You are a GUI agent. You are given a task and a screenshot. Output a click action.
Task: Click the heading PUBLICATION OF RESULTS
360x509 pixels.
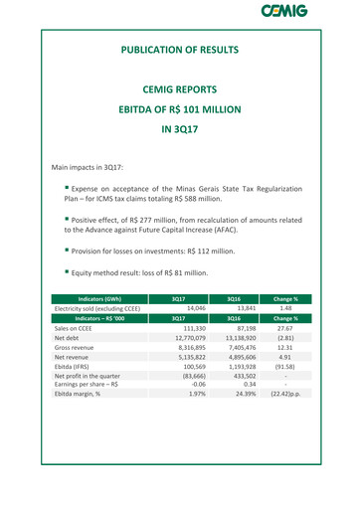[x=179, y=49]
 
